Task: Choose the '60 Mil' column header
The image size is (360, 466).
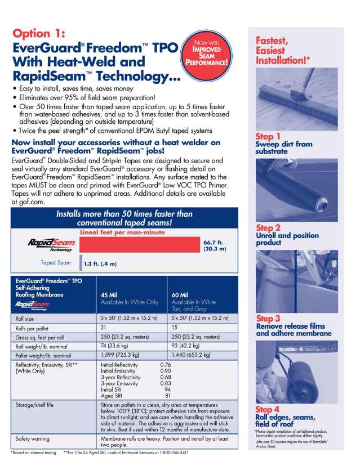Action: [x=180, y=294]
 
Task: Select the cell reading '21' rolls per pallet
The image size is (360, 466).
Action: [x=104, y=327]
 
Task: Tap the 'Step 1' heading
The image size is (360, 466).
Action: [x=268, y=137]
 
